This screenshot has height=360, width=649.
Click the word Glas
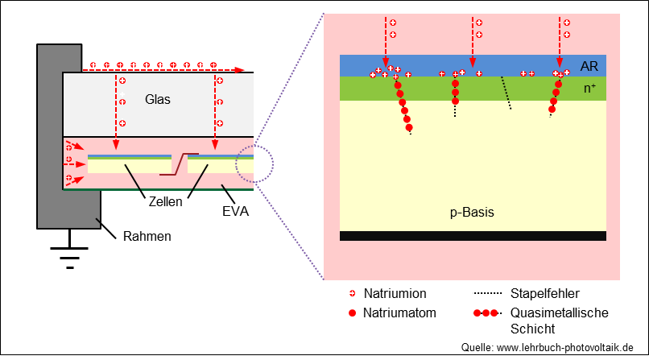coord(158,99)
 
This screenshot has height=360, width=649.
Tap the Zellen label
coord(166,202)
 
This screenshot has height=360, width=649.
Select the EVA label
coord(235,212)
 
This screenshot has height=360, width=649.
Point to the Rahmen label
coord(147,236)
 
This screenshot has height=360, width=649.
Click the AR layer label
coord(589,66)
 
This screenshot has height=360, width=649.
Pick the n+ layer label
coord(589,88)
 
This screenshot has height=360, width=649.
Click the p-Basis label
coord(472,213)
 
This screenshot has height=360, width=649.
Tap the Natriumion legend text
coord(395,293)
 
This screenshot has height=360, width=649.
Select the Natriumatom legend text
coord(399,312)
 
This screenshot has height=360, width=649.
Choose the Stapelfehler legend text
coord(544,293)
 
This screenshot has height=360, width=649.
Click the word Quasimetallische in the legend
coord(559,312)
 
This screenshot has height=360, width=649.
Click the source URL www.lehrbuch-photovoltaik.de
coord(565,348)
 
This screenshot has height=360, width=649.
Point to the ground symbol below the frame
coord(69,250)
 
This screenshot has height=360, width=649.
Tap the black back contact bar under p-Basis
coord(473,236)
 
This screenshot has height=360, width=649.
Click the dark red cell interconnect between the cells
coord(180,164)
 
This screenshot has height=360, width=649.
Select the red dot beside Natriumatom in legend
coord(352,313)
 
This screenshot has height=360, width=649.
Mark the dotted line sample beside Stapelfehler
coord(488,293)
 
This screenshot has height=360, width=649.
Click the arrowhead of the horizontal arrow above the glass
coord(239,70)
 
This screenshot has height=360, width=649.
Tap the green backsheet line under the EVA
coord(158,189)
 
